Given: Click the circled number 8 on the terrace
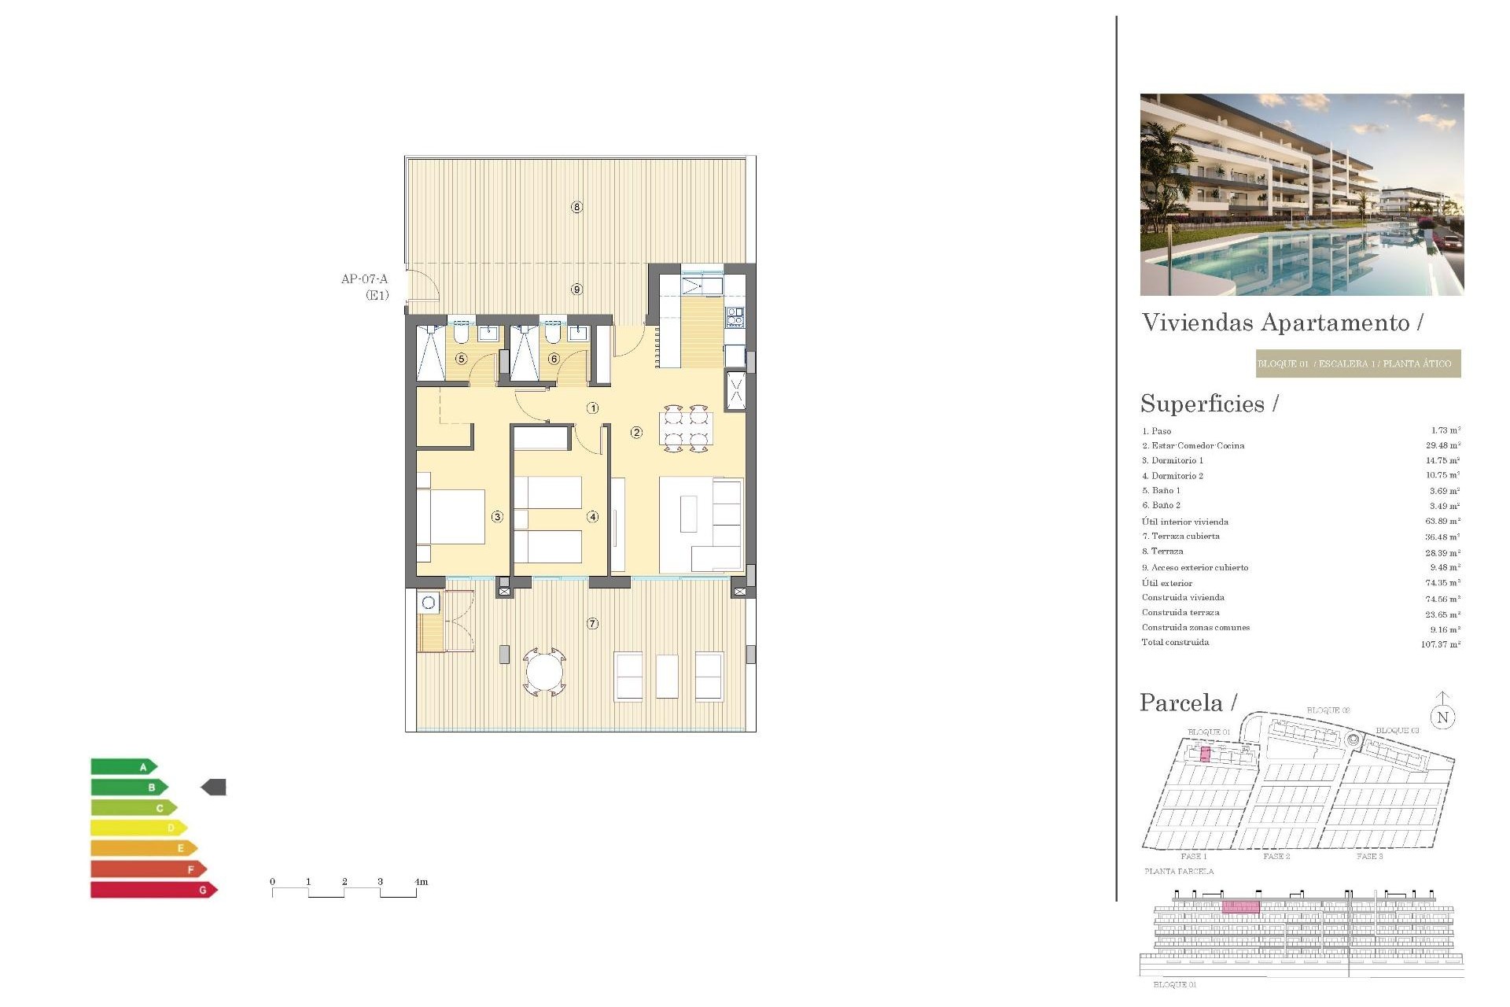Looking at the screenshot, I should click(x=576, y=207).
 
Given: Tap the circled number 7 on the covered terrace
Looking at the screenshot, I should click(x=592, y=623).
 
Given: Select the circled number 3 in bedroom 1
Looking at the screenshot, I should click(x=497, y=517).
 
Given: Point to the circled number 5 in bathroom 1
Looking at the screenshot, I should click(x=462, y=359).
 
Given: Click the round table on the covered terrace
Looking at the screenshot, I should click(x=544, y=672).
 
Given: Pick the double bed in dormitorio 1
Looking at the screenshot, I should click(x=451, y=517).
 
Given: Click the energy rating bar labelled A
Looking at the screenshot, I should click(x=124, y=766).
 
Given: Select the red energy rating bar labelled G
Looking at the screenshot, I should click(x=153, y=890).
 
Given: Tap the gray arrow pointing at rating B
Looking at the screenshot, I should click(x=214, y=787).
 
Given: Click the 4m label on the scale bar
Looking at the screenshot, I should click(x=421, y=882).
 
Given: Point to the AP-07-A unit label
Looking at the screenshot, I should click(x=364, y=279).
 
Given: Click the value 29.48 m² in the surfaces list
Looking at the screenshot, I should click(x=1442, y=445).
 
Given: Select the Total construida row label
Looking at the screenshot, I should click(x=1175, y=643).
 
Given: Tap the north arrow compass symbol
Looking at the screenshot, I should click(x=1442, y=713).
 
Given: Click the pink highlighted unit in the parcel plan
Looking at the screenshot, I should click(x=1205, y=755).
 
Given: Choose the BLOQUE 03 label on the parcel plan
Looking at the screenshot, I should click(x=1397, y=730).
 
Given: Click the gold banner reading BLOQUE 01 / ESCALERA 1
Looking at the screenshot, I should click(x=1357, y=363).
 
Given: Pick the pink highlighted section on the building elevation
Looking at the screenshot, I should click(x=1240, y=907).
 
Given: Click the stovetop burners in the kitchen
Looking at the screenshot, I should click(x=735, y=317).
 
